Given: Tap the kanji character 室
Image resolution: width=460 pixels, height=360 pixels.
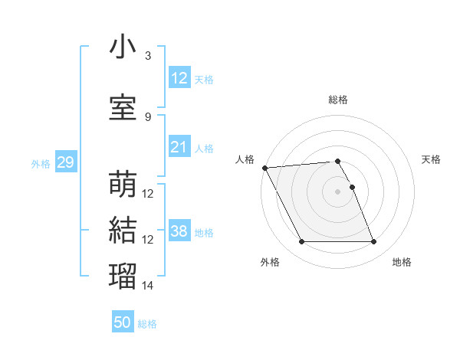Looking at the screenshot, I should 123,106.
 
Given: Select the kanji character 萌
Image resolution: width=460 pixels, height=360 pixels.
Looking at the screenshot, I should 123,184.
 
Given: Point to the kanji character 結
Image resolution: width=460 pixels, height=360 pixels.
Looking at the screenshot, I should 123,230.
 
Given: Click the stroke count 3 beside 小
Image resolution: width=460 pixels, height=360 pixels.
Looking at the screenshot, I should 147,56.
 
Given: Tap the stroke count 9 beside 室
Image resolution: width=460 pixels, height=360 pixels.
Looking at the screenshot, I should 147,117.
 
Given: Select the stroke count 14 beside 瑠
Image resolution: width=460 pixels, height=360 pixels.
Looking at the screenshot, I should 148,286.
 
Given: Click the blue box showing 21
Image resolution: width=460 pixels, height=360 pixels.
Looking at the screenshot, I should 179,147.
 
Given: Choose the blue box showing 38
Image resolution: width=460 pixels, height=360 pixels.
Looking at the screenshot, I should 179,231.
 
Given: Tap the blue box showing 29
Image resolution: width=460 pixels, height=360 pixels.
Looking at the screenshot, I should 65,162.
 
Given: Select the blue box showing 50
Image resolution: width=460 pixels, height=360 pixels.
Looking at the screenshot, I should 123,322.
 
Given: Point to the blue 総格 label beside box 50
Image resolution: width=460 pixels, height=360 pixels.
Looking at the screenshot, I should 148,324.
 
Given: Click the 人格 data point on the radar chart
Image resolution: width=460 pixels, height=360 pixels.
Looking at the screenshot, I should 264,168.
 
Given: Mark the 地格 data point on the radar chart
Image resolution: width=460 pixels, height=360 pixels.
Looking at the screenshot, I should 373,242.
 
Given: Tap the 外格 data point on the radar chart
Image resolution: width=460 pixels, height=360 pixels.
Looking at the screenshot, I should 301,242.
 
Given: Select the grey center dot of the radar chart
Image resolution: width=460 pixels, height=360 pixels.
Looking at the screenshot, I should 337,191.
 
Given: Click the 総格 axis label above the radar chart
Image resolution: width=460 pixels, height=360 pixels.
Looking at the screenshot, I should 338,100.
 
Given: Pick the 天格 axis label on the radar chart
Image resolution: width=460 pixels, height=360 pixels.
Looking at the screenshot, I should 431,159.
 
